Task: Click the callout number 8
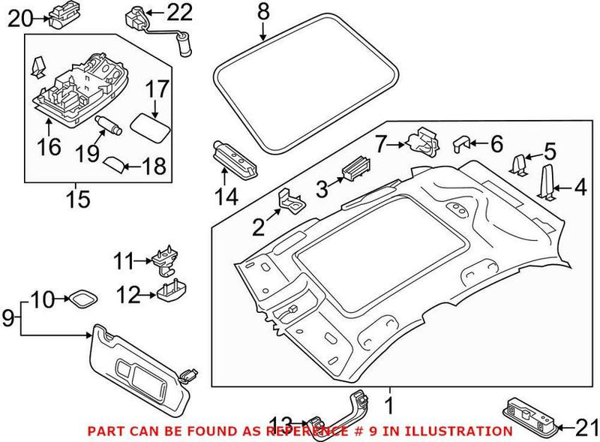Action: [262, 11]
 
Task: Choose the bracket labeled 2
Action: [292, 199]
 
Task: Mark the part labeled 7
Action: [420, 141]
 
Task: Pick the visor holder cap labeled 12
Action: [172, 288]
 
